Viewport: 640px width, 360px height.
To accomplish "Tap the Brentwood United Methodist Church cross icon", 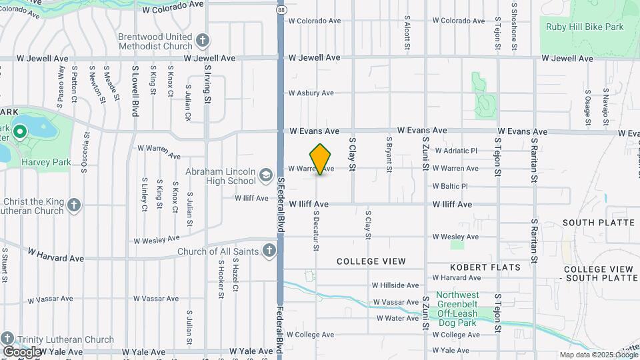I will pos(202,41).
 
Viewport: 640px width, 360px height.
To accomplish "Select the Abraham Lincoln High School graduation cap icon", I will pos(265,175).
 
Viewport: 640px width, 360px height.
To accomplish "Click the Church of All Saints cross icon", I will pos(269,251).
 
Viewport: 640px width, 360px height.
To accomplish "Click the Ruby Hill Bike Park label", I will pos(585,27).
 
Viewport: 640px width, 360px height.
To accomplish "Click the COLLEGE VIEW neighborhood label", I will pos(371,261).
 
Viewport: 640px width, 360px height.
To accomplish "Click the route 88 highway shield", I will pos(281,10).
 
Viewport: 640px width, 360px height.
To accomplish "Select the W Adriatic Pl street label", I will pos(455,151).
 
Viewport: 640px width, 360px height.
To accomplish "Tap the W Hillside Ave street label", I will pos(395,285).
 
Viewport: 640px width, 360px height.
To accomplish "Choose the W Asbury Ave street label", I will pos(311,93).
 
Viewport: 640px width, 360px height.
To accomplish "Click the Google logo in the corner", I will pos(22,351).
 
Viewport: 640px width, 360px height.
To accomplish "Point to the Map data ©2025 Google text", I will pos(599,355).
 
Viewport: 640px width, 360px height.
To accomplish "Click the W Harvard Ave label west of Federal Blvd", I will pos(57,257).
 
